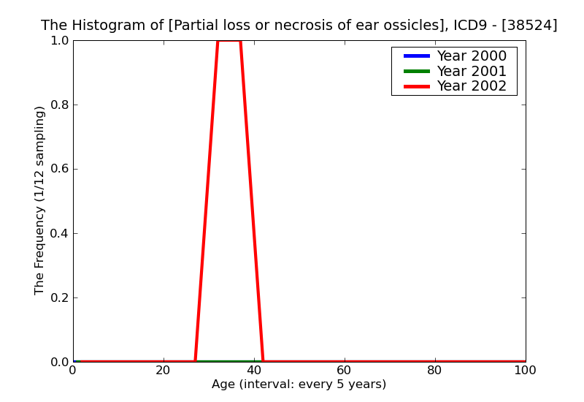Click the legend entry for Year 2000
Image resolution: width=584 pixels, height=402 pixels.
click(471, 56)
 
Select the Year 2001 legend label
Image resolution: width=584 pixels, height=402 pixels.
click(471, 71)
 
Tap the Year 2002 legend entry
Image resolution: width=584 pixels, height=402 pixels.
click(471, 86)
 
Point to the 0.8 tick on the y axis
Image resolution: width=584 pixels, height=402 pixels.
click(58, 105)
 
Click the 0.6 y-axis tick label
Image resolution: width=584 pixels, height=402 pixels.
click(58, 170)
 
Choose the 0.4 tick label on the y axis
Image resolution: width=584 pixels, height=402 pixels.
click(58, 234)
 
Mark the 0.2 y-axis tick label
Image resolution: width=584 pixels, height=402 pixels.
click(58, 298)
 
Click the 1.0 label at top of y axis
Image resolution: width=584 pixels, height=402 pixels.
click(58, 41)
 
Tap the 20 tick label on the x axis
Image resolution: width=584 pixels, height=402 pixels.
click(164, 371)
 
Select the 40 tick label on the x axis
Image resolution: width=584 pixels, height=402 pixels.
click(254, 371)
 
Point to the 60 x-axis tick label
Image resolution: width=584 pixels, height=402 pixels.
click(345, 371)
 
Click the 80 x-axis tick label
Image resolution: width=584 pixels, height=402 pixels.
click(435, 371)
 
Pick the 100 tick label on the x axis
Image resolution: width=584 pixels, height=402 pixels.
click(525, 371)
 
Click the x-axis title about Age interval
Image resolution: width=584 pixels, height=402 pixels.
click(299, 384)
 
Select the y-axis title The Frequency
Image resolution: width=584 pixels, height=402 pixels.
click(40, 200)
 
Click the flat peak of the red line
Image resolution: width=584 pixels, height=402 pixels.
click(229, 41)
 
